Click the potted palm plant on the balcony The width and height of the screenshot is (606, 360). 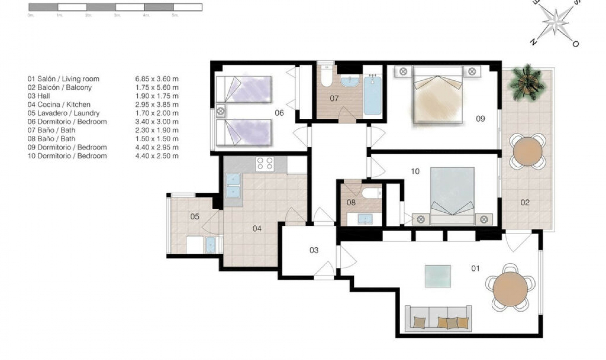[x=526, y=82]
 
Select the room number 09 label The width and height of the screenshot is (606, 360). [x=480, y=119]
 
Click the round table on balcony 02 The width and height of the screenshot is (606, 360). [x=527, y=152]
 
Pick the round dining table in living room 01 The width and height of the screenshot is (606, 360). [x=510, y=289]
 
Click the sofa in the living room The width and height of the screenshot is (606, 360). [x=438, y=318]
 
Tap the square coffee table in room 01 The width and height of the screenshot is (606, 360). [x=437, y=276]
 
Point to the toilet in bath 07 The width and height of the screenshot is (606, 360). [x=327, y=77]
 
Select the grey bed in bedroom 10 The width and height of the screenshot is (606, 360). [x=452, y=193]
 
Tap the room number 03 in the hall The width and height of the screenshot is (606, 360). [x=314, y=250]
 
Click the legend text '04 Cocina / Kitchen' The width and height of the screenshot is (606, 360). [x=59, y=105]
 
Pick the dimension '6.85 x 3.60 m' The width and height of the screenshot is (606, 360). [x=157, y=79]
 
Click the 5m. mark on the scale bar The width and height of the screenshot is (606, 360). [x=175, y=15]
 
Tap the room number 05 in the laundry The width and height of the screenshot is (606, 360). [x=194, y=217]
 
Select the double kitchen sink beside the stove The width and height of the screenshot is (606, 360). [x=233, y=186]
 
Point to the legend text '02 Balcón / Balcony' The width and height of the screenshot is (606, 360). [x=60, y=87]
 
